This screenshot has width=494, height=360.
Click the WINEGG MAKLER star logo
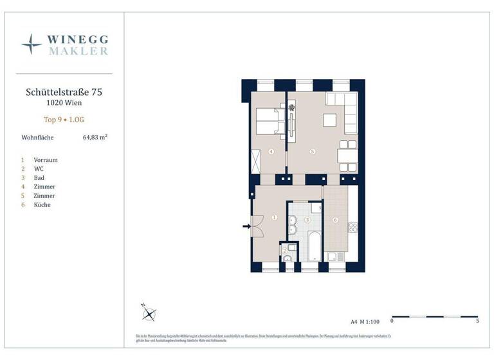[32, 44]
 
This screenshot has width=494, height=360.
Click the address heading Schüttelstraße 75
[64, 92]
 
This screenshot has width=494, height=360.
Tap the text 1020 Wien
[64, 103]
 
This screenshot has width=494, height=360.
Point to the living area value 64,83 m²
[95, 137]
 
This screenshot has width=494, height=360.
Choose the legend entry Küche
[42, 204]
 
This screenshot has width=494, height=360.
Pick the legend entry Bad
[40, 177]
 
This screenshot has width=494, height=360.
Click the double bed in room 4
[270, 121]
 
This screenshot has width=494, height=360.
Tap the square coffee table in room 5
[329, 121]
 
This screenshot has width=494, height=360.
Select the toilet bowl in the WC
[288, 258]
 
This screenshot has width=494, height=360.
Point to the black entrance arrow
[246, 226]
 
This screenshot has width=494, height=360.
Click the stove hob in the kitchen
[352, 227]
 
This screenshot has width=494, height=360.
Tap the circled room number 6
[335, 220]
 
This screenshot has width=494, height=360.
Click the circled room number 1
[275, 218]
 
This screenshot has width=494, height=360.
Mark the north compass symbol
[149, 313]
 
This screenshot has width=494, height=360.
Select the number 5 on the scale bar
[477, 321]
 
